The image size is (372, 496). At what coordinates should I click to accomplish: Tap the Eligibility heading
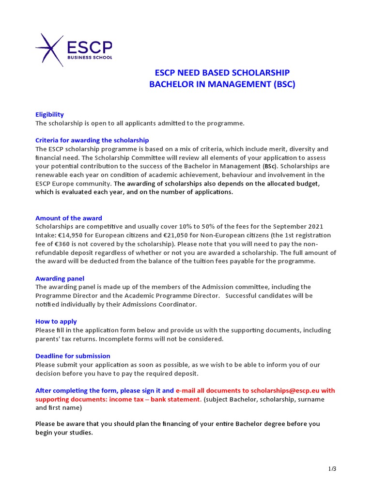pyautogui.click(x=49, y=115)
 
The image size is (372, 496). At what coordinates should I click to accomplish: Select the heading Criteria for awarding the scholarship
pyautogui.click(x=92, y=140)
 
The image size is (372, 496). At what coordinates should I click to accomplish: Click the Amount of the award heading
pyautogui.click(x=69, y=218)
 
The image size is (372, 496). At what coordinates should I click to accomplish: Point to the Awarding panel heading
pyautogui.click(x=60, y=279)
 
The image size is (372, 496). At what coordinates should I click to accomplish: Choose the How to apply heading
pyautogui.click(x=56, y=322)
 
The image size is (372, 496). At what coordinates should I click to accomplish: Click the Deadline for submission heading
pyautogui.click(x=73, y=356)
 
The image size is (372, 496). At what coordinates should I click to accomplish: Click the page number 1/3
pyautogui.click(x=332, y=468)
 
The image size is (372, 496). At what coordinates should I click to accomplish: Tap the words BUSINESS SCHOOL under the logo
pyautogui.click(x=90, y=57)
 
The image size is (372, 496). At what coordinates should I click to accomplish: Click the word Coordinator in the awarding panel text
pyautogui.click(x=178, y=304)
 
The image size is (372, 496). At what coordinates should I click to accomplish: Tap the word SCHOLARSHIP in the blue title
pyautogui.click(x=262, y=73)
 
